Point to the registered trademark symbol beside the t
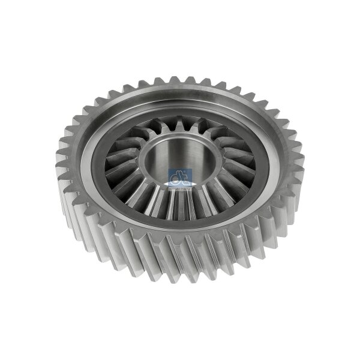coord(187,173)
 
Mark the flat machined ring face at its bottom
coord(180,231)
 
